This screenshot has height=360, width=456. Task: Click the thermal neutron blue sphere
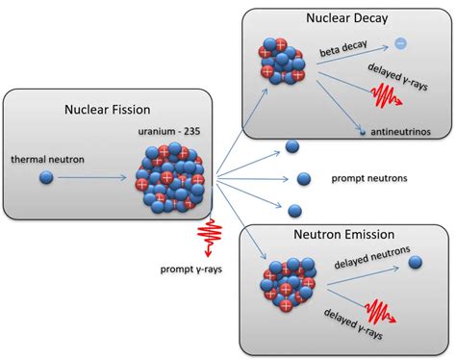point(46,177)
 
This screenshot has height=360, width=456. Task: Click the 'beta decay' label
point(344,49)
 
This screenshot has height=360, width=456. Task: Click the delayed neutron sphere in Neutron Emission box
point(416,262)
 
